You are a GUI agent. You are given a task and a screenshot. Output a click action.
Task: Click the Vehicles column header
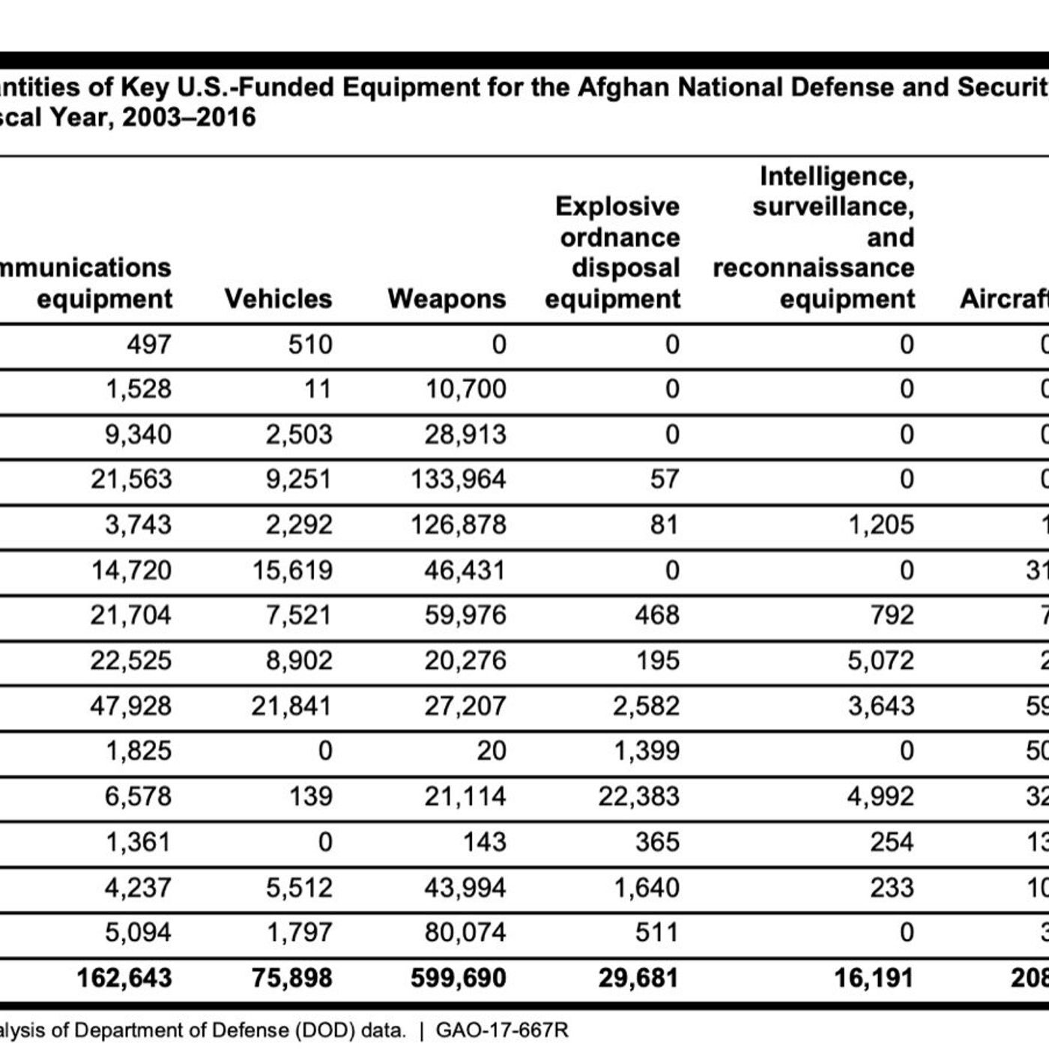(x=278, y=299)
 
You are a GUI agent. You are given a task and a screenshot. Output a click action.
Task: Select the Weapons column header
(x=447, y=299)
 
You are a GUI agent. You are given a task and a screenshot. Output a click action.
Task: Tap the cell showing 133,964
(x=458, y=480)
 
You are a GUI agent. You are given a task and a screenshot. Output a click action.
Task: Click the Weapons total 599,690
(x=458, y=978)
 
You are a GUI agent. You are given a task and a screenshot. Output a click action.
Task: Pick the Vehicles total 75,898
(x=291, y=978)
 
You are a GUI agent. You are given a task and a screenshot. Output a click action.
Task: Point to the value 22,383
(x=638, y=796)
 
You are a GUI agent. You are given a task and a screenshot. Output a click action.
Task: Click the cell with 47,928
(x=130, y=706)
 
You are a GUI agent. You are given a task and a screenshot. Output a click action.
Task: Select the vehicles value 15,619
(x=291, y=570)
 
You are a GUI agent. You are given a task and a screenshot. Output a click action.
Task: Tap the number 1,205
(x=880, y=524)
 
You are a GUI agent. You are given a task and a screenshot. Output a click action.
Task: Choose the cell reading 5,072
(x=880, y=660)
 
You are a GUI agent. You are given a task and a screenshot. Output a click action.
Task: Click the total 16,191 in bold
(x=873, y=978)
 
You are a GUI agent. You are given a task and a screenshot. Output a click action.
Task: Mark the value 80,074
(x=465, y=932)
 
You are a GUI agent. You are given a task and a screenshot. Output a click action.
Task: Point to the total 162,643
(x=124, y=978)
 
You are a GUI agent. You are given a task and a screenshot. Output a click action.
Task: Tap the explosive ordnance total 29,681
(x=638, y=978)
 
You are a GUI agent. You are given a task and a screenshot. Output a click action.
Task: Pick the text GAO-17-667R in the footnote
(x=501, y=1030)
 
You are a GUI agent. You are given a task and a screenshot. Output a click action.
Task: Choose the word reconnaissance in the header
(x=813, y=268)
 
